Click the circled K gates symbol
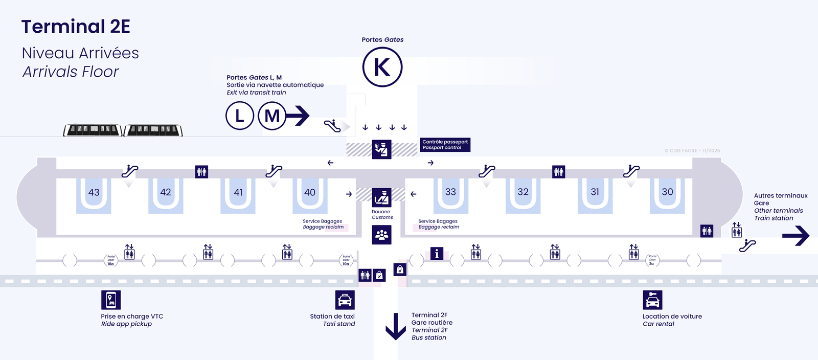tap(382, 67)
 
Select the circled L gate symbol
tap(239, 116)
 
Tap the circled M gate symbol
tap(272, 116)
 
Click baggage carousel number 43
tap(94, 193)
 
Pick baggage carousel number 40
tap(310, 193)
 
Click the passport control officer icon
tap(381, 149)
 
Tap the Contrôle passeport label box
tap(445, 145)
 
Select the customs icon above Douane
tap(381, 197)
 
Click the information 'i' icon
tap(437, 254)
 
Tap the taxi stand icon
tap(345, 300)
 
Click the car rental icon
tap(652, 300)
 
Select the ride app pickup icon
tap(111, 300)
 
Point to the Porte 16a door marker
tap(111, 260)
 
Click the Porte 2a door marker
tap(652, 260)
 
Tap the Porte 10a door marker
tap(346, 260)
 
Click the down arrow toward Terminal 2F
tap(395, 327)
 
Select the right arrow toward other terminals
tap(796, 236)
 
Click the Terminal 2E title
tap(76, 27)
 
